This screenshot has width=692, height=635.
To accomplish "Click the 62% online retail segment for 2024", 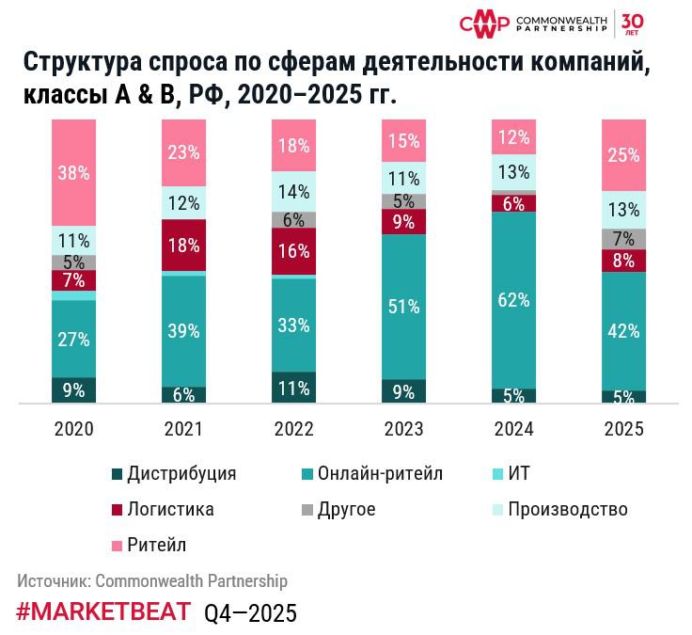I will pyautogui.click(x=513, y=300).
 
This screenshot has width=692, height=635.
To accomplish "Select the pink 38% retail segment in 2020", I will pyautogui.click(x=73, y=172).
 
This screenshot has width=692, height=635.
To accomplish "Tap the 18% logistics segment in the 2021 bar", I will pyautogui.click(x=183, y=246).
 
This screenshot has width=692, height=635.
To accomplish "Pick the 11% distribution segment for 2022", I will pyautogui.click(x=293, y=389).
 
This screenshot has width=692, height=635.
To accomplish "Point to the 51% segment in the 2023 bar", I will pyautogui.click(x=403, y=307).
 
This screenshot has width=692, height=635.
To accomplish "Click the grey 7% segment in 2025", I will pyautogui.click(x=623, y=238).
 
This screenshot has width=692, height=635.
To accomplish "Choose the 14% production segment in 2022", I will pyautogui.click(x=293, y=192).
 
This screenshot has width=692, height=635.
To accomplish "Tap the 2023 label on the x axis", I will pyautogui.click(x=403, y=429).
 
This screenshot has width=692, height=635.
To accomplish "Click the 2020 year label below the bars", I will pyautogui.click(x=73, y=429).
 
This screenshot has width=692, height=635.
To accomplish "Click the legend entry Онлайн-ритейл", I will pyautogui.click(x=380, y=473).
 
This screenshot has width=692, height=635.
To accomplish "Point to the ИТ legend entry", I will pyautogui.click(x=518, y=473).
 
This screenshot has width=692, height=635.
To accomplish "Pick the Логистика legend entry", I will pyautogui.click(x=170, y=509).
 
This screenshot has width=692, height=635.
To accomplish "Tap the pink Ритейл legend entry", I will pyautogui.click(x=156, y=545).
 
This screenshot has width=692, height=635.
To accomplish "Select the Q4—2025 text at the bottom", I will pyautogui.click(x=250, y=612).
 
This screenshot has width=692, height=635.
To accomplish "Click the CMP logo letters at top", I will pyautogui.click(x=483, y=23).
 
